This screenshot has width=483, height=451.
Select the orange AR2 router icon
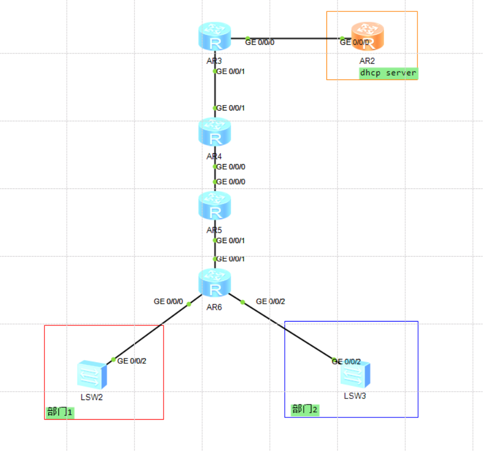[x=367, y=36]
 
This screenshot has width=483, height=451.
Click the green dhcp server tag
[x=388, y=73]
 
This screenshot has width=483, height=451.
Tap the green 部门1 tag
[x=60, y=412]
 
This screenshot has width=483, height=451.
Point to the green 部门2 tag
[x=305, y=409]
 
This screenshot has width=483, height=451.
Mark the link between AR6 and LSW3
[x=287, y=330]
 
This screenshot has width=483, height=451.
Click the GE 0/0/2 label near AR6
[x=270, y=301]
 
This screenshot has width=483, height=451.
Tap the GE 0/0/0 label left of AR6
[x=168, y=301]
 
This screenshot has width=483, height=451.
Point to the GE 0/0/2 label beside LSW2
[x=132, y=361]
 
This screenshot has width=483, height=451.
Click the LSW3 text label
[x=355, y=396]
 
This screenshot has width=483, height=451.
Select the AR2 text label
[x=367, y=61]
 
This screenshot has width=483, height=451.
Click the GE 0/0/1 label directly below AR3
[x=231, y=71]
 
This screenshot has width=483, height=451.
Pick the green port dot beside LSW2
[x=113, y=360]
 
